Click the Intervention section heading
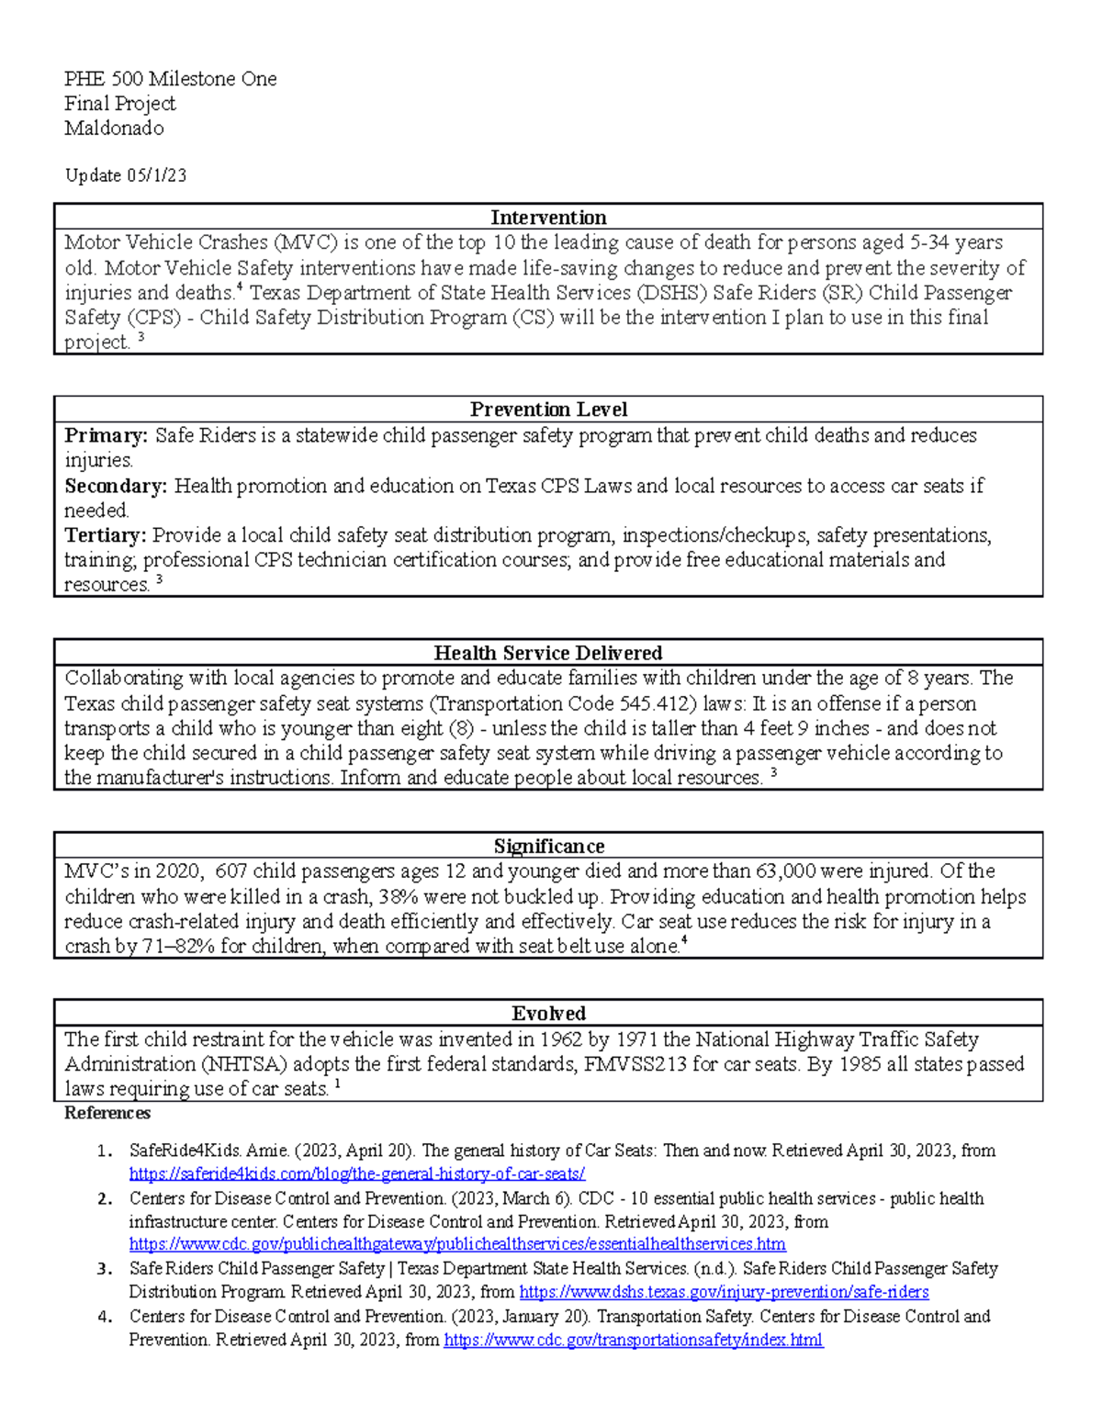[548, 218]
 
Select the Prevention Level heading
[548, 410]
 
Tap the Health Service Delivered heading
[548, 653]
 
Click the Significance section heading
[548, 846]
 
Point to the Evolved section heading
[548, 1014]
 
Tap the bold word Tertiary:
[105, 535]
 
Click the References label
[107, 1114]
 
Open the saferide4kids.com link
[357, 1173]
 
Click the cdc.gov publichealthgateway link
[457, 1244]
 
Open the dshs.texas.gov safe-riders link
[724, 1292]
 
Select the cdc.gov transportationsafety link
[633, 1340]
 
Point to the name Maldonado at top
[114, 129]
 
